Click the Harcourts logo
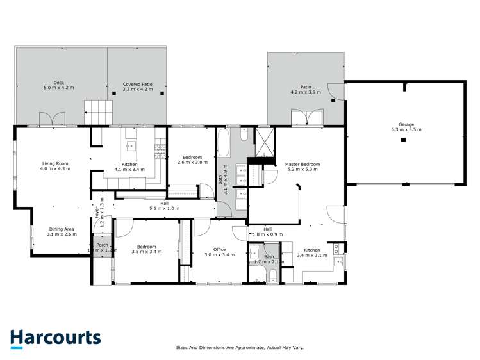point(55,338)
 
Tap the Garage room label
point(406,127)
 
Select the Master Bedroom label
point(302,167)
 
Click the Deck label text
point(58,85)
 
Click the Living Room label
point(55,166)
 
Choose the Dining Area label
point(62,232)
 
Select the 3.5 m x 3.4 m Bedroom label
point(147,249)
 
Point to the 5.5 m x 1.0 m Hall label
point(164,206)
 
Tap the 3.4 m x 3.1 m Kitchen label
point(311,252)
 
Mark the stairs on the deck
point(98,113)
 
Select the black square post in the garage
point(403,140)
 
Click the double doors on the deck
point(51,119)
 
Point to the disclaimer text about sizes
point(240,347)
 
